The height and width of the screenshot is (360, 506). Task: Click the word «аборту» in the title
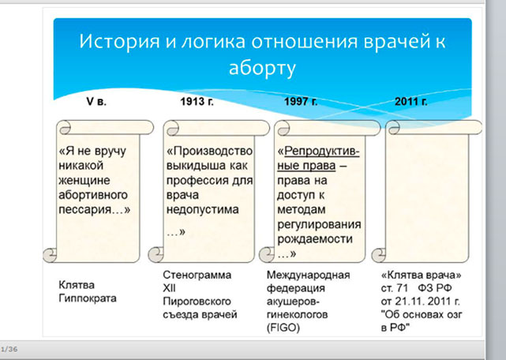[262, 69]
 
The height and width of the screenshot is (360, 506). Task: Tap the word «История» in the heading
[119, 41]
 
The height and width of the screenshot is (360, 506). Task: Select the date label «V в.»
[96, 101]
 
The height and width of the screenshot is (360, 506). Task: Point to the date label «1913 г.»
[197, 101]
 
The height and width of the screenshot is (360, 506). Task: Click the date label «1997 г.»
[301, 101]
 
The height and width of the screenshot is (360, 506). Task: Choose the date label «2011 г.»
[411, 101]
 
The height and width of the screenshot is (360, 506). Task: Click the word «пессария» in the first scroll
[85, 210]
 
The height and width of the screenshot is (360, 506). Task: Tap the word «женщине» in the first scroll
[84, 180]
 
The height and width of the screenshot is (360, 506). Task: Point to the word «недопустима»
[203, 209]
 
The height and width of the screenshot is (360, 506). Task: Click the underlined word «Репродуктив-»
[322, 151]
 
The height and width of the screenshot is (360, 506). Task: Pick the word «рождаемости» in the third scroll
[315, 239]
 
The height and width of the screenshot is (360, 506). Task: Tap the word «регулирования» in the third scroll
[319, 224]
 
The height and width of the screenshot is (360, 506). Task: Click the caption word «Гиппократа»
[88, 298]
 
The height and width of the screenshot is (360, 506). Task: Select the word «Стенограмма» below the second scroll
[197, 275]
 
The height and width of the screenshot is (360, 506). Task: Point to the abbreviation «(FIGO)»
[283, 328]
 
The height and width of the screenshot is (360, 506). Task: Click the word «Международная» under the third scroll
[308, 275]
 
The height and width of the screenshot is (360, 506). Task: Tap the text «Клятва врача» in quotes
[421, 275]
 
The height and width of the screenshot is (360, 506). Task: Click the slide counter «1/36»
[9, 349]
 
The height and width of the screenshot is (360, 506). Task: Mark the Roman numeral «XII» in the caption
[170, 288]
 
